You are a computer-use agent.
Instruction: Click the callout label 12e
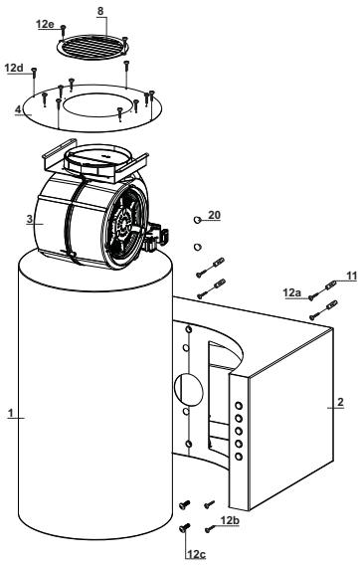point(45,24)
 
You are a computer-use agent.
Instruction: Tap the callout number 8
point(100,11)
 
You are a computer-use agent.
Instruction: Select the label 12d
point(14,68)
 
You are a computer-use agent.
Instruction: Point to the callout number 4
point(19,109)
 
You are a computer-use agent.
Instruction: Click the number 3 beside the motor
point(30,219)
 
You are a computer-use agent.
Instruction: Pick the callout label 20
point(214,215)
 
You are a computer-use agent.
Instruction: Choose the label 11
point(351,277)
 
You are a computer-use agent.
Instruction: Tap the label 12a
point(292,293)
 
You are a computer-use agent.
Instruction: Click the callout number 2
point(340,402)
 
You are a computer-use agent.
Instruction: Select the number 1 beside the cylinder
point(11,413)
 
